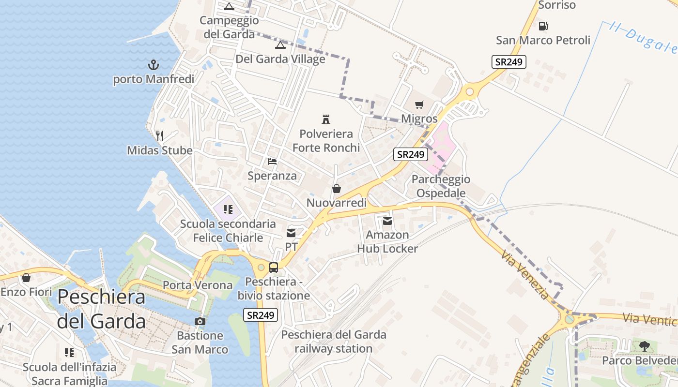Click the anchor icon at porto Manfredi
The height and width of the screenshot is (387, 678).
click(x=153, y=64)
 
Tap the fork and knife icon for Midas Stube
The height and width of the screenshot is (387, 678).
click(x=160, y=135)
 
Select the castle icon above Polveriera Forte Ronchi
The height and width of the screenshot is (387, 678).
click(x=326, y=119)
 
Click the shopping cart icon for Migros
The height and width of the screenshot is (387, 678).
click(x=419, y=104)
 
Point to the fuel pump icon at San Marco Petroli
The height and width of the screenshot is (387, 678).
click(x=543, y=26)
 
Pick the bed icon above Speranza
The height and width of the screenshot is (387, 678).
click(x=272, y=161)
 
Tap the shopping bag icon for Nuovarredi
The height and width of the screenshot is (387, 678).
click(x=336, y=189)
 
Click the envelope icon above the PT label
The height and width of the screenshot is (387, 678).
click(x=291, y=233)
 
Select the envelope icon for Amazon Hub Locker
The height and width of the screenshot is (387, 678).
click(x=387, y=221)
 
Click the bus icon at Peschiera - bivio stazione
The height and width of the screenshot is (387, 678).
click(x=274, y=267)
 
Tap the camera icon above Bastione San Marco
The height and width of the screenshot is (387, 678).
click(x=200, y=321)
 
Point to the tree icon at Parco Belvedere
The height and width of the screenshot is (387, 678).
click(x=644, y=346)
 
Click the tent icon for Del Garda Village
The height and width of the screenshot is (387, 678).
click(x=280, y=45)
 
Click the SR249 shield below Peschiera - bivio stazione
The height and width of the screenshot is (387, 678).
click(x=261, y=315)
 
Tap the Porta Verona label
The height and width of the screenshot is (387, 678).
click(x=198, y=285)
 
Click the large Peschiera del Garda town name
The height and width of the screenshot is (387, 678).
click(x=101, y=309)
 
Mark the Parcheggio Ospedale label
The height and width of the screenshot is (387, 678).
click(x=441, y=186)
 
